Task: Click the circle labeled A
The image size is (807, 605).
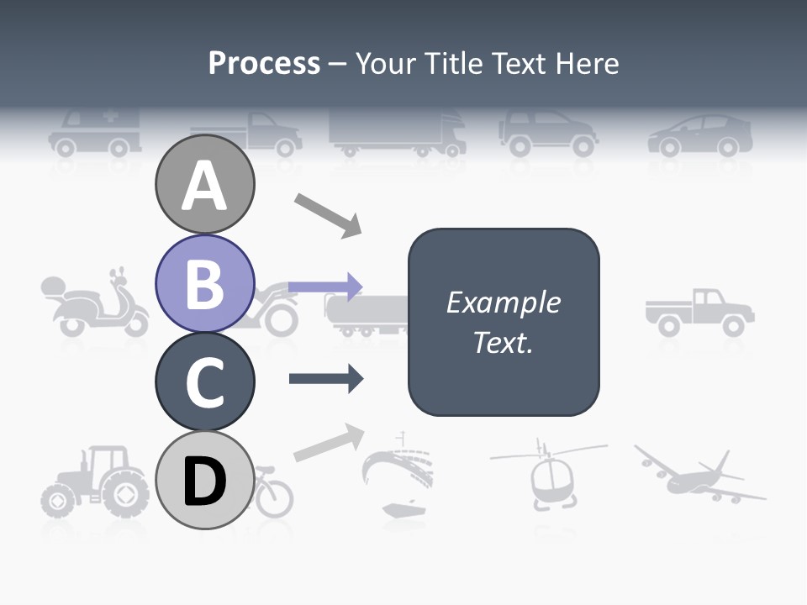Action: pyautogui.click(x=204, y=185)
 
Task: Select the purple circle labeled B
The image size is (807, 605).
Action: pyautogui.click(x=204, y=284)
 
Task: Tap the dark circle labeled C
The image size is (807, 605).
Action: pyautogui.click(x=204, y=381)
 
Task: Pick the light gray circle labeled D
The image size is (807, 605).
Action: pyautogui.click(x=204, y=481)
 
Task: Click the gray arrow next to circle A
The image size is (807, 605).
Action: pyautogui.click(x=328, y=215)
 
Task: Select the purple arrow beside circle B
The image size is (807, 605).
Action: pyautogui.click(x=325, y=287)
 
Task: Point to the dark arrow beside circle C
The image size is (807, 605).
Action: pyautogui.click(x=326, y=379)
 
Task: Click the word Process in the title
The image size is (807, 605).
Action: pyautogui.click(x=264, y=63)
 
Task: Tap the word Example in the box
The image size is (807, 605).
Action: pyautogui.click(x=503, y=302)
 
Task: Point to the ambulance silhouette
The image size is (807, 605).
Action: pyautogui.click(x=94, y=132)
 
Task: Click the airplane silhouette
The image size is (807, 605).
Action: pyautogui.click(x=699, y=477)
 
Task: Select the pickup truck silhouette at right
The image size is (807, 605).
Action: pyautogui.click(x=700, y=312)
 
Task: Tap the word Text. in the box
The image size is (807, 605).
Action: pyautogui.click(x=503, y=343)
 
